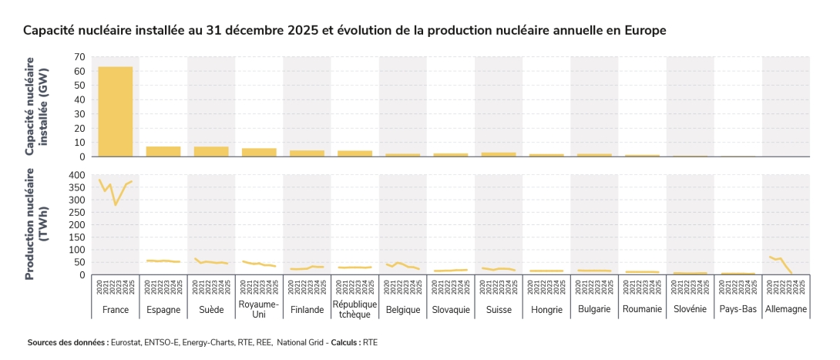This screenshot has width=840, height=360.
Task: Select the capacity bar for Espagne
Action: click(x=163, y=151)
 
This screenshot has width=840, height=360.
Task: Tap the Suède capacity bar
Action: click(x=210, y=151)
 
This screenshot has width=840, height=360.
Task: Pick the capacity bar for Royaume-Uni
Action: click(x=258, y=152)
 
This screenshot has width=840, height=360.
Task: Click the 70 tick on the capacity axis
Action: click(x=79, y=57)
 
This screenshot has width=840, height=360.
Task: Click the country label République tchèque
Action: click(x=354, y=309)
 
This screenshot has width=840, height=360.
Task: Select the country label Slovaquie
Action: click(x=450, y=309)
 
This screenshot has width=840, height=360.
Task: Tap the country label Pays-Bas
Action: click(x=738, y=309)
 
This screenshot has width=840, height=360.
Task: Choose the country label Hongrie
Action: click(x=546, y=309)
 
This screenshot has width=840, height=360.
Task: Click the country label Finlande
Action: click(x=307, y=309)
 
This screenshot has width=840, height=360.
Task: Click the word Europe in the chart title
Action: click(x=644, y=30)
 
